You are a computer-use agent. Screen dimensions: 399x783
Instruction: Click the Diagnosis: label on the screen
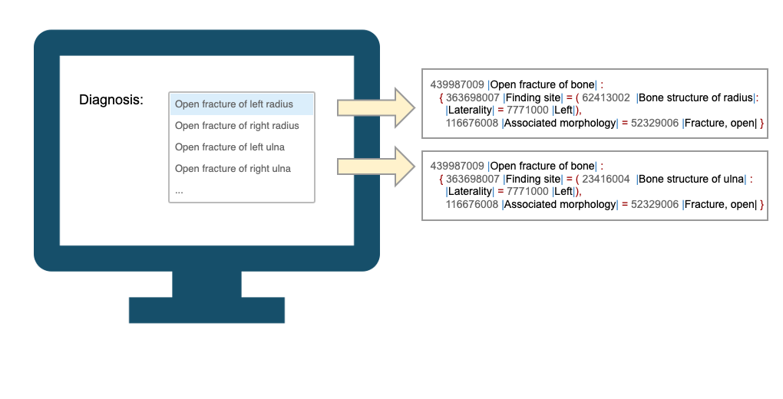111,101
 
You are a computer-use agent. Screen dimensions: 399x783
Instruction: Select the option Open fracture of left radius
234,104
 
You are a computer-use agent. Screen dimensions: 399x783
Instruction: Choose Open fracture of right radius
237,126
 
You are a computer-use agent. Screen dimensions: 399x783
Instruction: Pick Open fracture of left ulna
230,147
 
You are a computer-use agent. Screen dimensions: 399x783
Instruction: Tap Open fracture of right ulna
233,169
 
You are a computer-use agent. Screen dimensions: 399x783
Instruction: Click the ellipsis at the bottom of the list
179,190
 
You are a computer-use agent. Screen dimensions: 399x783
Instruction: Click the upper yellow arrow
375,107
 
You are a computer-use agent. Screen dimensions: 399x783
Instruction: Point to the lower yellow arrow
375,167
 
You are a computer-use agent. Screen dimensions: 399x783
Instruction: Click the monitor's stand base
206,309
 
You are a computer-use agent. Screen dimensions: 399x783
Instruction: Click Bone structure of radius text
696,97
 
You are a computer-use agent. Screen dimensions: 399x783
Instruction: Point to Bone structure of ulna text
691,180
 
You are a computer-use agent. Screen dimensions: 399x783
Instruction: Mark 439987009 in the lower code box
457,166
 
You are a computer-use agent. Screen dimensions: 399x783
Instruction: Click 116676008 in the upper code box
471,123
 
